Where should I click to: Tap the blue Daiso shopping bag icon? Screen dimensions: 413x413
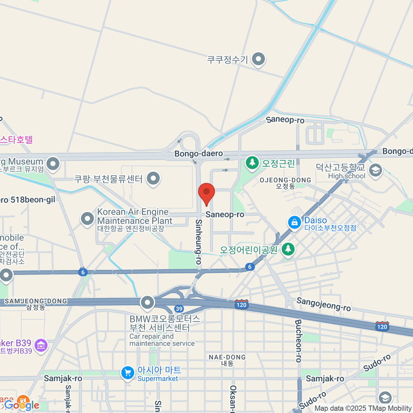295,222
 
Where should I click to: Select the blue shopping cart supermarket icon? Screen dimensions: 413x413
128,373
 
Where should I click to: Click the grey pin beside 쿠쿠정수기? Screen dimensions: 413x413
258,59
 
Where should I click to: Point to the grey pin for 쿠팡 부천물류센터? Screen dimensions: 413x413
153,179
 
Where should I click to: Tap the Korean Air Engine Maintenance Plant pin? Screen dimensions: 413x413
87,219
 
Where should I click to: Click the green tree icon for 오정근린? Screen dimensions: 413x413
252,163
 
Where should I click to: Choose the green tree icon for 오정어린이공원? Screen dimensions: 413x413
288,249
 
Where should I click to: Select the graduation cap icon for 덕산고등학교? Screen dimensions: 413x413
375,170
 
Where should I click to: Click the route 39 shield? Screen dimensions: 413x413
179,309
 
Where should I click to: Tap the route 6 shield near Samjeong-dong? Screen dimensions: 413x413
82,272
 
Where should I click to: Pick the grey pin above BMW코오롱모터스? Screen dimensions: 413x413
148,303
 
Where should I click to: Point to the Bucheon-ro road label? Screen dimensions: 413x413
298,341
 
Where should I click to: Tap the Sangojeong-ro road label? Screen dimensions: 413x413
324,304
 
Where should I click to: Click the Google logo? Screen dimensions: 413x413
22,405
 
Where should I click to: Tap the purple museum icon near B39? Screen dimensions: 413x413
41,346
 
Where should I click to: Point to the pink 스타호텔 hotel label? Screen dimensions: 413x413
16,140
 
